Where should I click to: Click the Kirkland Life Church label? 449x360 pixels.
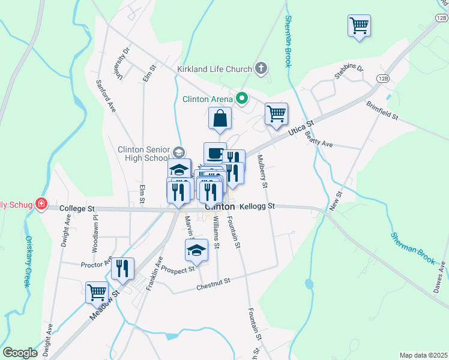[214, 69]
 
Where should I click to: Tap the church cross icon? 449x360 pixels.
[261, 68]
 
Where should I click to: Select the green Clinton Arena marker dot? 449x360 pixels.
[243, 98]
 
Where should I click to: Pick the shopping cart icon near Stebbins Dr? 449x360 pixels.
[359, 26]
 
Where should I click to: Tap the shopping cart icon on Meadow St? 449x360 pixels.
[97, 293]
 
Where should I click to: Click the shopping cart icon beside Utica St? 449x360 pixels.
[276, 113]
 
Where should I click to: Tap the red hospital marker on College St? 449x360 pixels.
[41, 204]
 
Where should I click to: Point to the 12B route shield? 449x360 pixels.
[383, 79]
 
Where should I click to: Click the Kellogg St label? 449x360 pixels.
[257, 206]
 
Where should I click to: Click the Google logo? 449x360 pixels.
[20, 353]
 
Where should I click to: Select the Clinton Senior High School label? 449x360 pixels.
[144, 154]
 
